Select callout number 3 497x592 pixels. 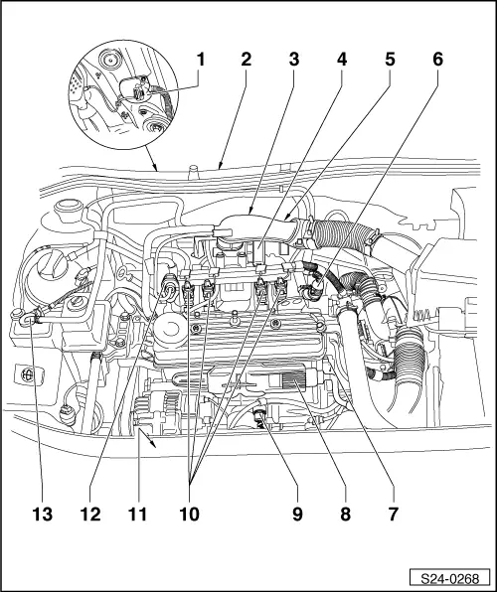point(294,60)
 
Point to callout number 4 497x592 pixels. point(341,60)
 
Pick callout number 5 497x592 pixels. point(387,60)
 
